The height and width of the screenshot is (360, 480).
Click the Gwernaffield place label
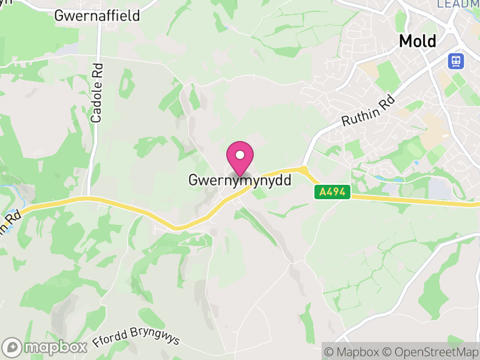pyautogui.click(x=97, y=16)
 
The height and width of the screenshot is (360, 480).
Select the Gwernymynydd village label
pyautogui.click(x=239, y=179)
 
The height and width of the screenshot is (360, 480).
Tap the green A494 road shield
pyautogui.click(x=332, y=192)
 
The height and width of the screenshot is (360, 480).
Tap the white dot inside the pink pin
pyautogui.click(x=240, y=155)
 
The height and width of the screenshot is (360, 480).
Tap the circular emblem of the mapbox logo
pyautogui.click(x=13, y=347)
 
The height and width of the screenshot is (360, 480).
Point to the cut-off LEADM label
pyautogui.click(x=458, y=4)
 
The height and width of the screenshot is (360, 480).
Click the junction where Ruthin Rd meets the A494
pyautogui.click(x=304, y=169)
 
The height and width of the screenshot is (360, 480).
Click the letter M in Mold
pyautogui.click(x=406, y=41)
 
